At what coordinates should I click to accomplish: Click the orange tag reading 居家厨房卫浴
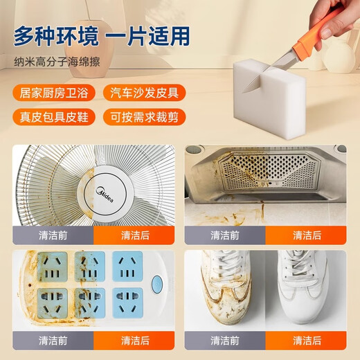pos(53,92)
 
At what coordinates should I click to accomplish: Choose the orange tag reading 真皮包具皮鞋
pos(53,116)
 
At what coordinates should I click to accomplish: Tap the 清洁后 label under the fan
pos(135,235)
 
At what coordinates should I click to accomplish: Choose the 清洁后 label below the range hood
pos(306,235)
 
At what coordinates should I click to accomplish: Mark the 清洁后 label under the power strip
pos(135,340)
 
